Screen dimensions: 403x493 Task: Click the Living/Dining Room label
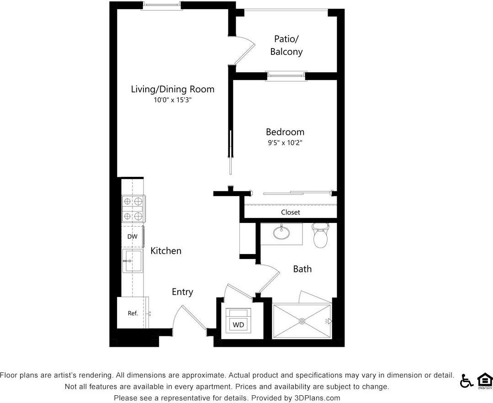pos(172,89)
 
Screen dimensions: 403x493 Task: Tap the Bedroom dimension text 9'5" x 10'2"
pos(285,143)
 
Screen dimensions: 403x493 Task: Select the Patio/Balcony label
pos(286,45)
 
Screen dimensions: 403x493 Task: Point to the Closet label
pos(290,212)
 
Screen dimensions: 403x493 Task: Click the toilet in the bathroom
pos(320,235)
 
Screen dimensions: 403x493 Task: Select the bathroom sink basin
pos(282,233)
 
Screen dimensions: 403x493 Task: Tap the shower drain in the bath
pos(302,321)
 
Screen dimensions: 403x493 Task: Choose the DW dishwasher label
pos(132,237)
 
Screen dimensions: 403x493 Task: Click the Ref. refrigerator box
pos(133,313)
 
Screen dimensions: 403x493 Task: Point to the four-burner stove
pos(133,209)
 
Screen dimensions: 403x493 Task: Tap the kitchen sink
pos(133,261)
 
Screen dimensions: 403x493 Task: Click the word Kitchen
pos(166,251)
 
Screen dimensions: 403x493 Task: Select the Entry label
pos(182,292)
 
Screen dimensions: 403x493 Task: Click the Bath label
pos(302,269)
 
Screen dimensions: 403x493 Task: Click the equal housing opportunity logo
pos(484,380)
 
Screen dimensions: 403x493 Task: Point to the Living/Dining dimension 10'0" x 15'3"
pos(172,101)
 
